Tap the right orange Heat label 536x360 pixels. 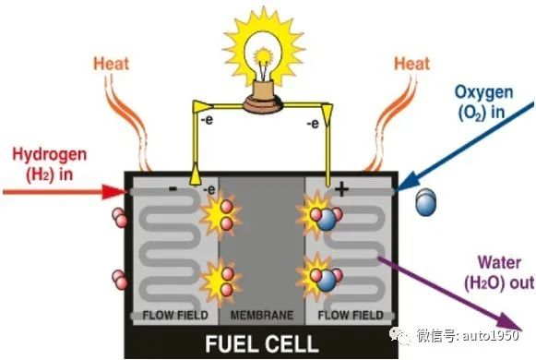(x=412, y=65)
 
